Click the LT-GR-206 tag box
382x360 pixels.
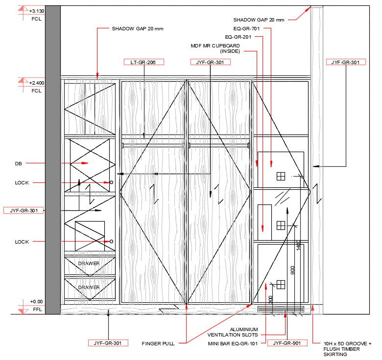pyautogui.click(x=143, y=62)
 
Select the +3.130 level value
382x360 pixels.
pyautogui.click(x=36, y=11)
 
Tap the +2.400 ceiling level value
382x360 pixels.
pyautogui.click(x=37, y=83)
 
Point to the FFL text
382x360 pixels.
pyautogui.click(x=37, y=309)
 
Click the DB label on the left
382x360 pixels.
pyautogui.click(x=19, y=163)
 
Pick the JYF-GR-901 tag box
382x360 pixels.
pyautogui.click(x=287, y=343)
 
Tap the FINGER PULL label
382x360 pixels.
pyautogui.click(x=158, y=343)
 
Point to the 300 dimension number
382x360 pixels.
pyautogui.click(x=271, y=300)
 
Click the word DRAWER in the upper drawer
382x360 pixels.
pyautogui.click(x=89, y=264)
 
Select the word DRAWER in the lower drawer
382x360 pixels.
pyautogui.click(x=89, y=288)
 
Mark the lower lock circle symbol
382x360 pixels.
pyautogui.click(x=112, y=242)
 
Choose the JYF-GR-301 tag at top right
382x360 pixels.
pyautogui.click(x=345, y=62)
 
